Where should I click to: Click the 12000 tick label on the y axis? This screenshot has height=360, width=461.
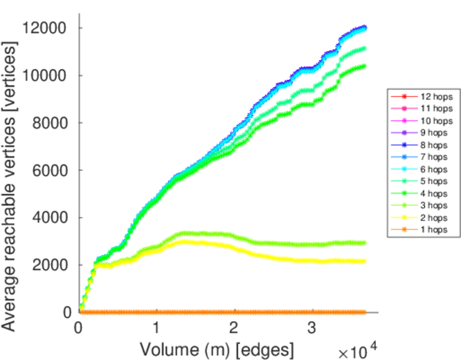(x=46, y=28)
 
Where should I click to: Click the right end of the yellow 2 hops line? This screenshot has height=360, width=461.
(x=364, y=261)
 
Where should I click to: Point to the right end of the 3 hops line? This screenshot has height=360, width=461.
(x=364, y=243)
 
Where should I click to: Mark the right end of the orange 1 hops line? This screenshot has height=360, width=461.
(x=364, y=312)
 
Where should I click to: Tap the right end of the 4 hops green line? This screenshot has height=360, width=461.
(x=364, y=67)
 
